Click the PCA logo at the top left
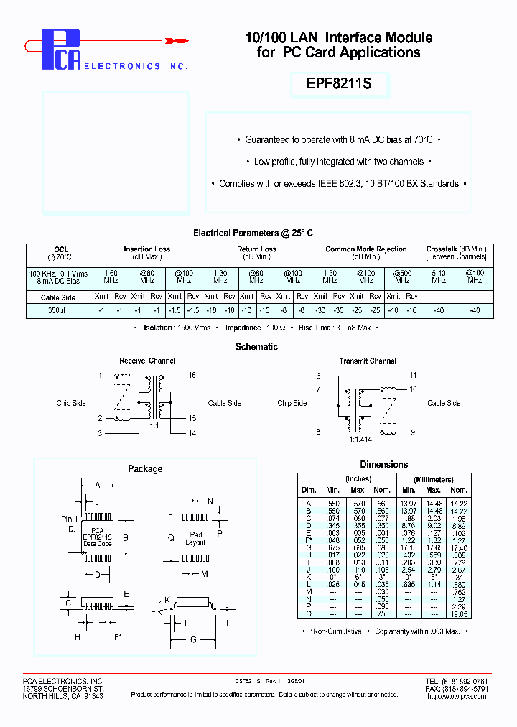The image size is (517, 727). coord(60,49)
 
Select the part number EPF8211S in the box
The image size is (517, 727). coord(340,84)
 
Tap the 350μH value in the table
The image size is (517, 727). coord(58,310)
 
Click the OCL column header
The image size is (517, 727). coord(60,249)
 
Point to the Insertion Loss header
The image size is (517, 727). coord(146,249)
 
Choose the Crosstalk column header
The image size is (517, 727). coord(456,249)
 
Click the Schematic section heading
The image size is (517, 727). coord(256,346)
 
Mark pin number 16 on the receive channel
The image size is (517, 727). coord(192,375)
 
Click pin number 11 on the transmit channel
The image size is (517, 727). coord(413,375)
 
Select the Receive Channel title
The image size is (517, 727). coord(147,361)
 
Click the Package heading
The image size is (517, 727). coord(145,468)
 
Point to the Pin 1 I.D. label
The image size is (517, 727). coord(69,522)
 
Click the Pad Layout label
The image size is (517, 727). coord(196,539)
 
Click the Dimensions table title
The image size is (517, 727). coord(383,464)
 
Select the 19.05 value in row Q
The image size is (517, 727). coord(458,614)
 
